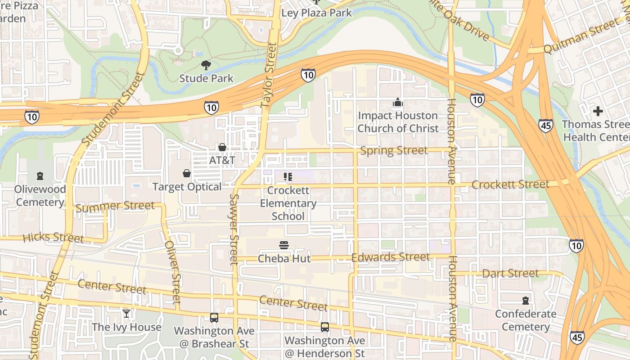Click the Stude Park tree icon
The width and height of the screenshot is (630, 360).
click(206, 65)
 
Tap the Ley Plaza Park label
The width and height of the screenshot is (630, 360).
click(316, 13)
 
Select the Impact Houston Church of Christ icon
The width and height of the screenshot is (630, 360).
click(397, 103)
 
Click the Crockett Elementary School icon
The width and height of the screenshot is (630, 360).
click(288, 177)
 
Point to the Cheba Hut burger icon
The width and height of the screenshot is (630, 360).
click(284, 245)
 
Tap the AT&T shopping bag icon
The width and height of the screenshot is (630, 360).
click(222, 147)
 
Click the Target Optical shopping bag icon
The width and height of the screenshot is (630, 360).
click(186, 173)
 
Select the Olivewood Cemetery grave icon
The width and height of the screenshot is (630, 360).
click(40, 176)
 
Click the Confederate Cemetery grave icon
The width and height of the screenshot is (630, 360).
click(525, 300)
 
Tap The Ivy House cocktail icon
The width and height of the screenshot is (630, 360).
click(126, 314)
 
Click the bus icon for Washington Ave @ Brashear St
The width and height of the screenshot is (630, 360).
click(214, 318)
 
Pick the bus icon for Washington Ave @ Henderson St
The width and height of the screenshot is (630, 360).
click(324, 327)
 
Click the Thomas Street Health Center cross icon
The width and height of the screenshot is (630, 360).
click(598, 111)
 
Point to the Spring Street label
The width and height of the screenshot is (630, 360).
click(394, 151)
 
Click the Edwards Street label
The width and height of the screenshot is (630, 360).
click(390, 257)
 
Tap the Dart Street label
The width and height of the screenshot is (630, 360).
click(510, 273)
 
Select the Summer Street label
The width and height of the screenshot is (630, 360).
click(115, 207)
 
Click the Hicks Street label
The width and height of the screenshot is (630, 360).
click(53, 237)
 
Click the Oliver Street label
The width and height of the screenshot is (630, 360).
click(172, 272)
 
